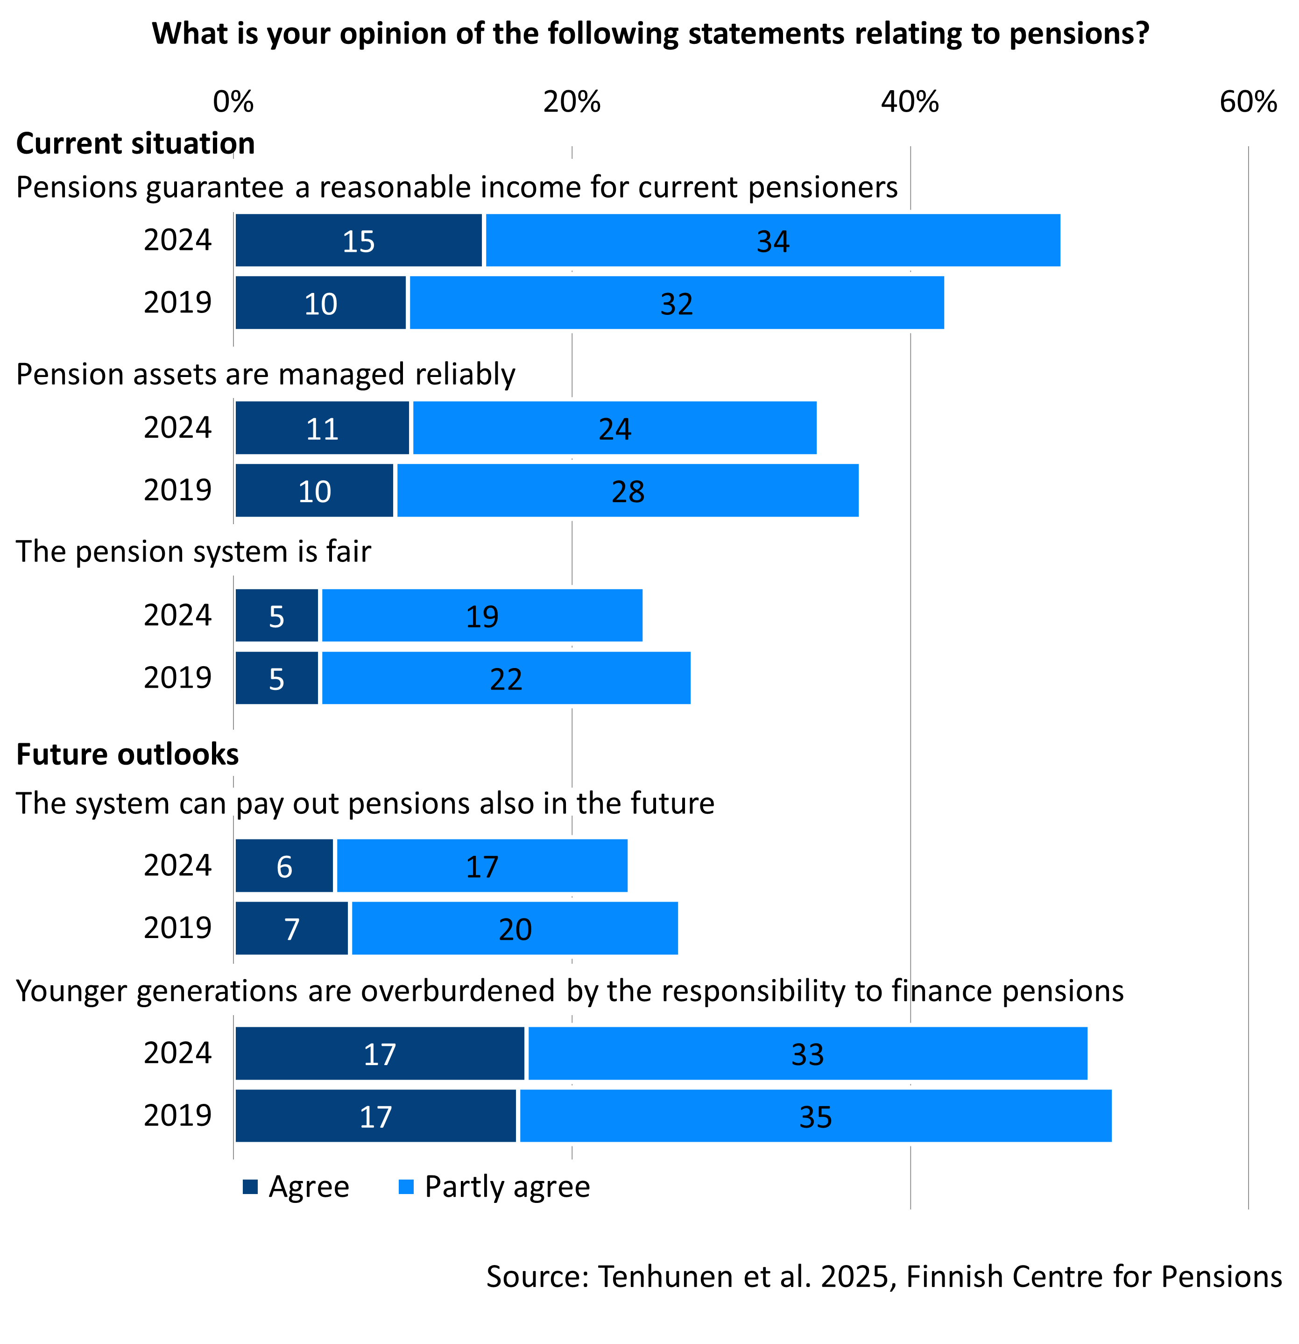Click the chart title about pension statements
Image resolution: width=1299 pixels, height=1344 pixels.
[650, 34]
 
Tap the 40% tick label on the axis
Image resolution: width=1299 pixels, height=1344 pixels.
[910, 102]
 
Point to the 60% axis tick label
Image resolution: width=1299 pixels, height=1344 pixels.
[1248, 102]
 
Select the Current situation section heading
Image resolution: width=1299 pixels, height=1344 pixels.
[136, 144]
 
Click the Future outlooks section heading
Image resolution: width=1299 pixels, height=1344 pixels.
[127, 754]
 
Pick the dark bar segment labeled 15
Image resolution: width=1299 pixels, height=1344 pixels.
[359, 241]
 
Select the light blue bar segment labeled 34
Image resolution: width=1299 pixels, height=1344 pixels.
[773, 241]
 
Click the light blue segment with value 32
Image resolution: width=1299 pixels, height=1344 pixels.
[677, 303]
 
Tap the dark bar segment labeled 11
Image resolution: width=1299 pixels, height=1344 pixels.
[322, 428]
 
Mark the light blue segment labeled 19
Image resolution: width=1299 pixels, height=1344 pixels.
[482, 616]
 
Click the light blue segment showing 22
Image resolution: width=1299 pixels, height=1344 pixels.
[506, 678]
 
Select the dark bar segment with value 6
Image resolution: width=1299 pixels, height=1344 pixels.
[284, 866]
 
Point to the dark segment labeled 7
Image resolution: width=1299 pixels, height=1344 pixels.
[292, 928]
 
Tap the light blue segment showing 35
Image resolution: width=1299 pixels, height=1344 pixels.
[815, 1116]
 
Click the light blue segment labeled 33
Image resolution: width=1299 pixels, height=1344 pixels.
[807, 1054]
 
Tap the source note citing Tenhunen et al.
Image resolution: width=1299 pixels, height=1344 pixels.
[883, 1277]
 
